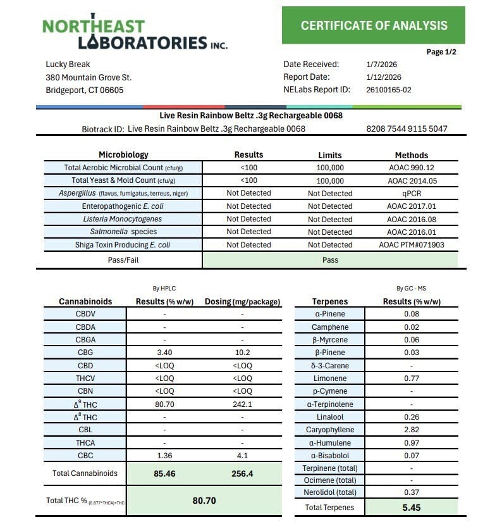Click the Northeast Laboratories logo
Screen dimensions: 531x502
pyautogui.click(x=135, y=32)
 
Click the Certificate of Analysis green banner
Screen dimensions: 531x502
pyautogui.click(x=374, y=25)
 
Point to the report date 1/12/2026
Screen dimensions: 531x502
pyautogui.click(x=384, y=77)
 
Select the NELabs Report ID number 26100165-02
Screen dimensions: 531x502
pyautogui.click(x=389, y=90)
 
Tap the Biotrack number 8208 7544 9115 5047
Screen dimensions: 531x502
pyautogui.click(x=407, y=129)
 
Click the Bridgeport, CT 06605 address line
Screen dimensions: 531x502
pyautogui.click(x=85, y=90)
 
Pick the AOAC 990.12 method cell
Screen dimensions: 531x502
pyautogui.click(x=412, y=168)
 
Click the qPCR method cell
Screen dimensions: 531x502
pyautogui.click(x=412, y=194)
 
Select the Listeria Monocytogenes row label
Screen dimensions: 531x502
pyautogui.click(x=123, y=219)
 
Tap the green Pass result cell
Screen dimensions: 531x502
pyautogui.click(x=330, y=259)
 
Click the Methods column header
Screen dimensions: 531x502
pyautogui.click(x=412, y=155)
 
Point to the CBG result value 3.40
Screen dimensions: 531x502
pyautogui.click(x=164, y=353)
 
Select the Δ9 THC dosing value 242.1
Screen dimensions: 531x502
pyautogui.click(x=242, y=404)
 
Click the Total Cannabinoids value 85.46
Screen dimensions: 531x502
pyautogui.click(x=164, y=473)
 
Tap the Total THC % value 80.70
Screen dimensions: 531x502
pyautogui.click(x=204, y=501)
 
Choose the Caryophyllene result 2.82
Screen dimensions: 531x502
pyautogui.click(x=412, y=430)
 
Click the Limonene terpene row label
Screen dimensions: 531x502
pyautogui.click(x=330, y=378)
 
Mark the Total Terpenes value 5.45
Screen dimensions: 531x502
pyautogui.click(x=412, y=507)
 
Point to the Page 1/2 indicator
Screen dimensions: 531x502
pyautogui.click(x=441, y=52)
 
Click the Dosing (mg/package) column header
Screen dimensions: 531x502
pyautogui.click(x=242, y=302)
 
